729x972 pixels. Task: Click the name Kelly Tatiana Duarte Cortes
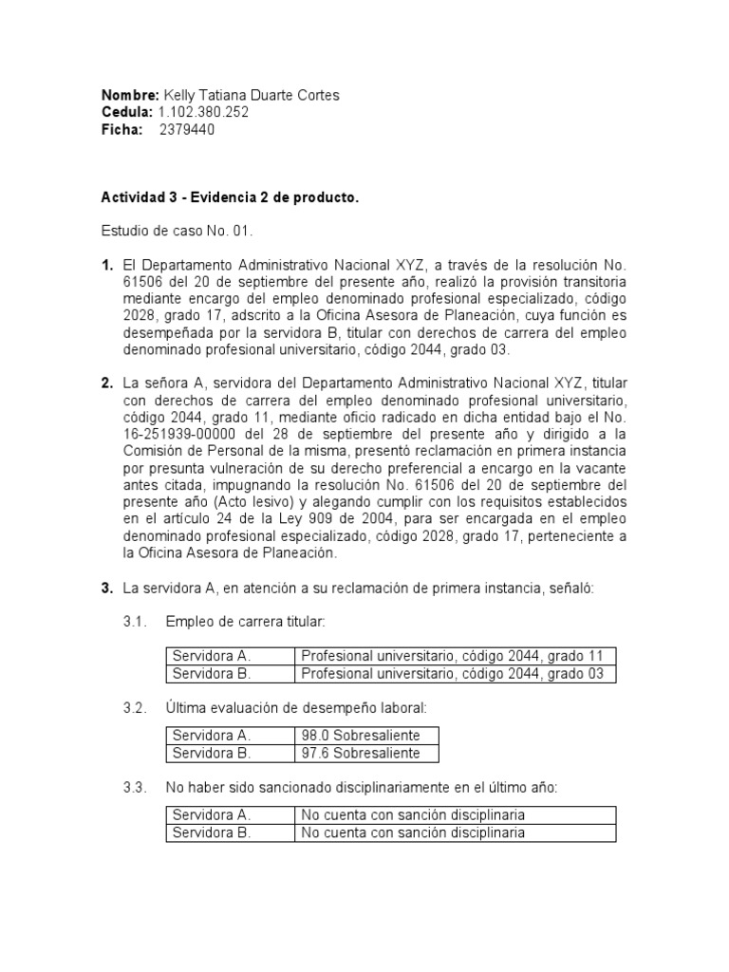click(x=252, y=96)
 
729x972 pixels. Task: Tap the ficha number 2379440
click(x=186, y=130)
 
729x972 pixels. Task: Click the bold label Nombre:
click(x=130, y=96)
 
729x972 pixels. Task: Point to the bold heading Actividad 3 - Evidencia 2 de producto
click(x=230, y=198)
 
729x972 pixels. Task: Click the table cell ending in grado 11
click(x=451, y=656)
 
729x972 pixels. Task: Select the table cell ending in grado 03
click(x=451, y=674)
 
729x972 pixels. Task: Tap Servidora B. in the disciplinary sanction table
click(x=210, y=833)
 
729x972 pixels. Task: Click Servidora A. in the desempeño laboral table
click(x=210, y=736)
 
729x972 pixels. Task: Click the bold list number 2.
click(x=107, y=383)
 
